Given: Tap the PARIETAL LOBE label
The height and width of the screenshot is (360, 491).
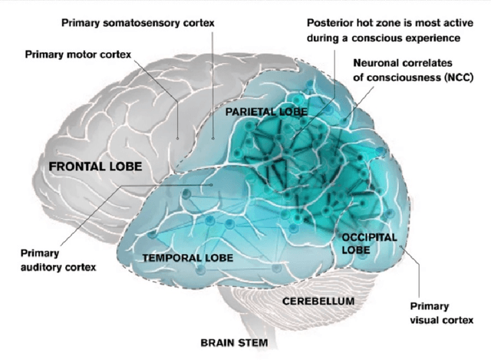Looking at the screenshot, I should coord(265,112).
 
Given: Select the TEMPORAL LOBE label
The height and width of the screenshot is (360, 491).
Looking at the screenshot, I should coord(183,258).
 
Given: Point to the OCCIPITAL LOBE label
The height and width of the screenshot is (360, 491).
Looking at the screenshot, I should coord(369,243).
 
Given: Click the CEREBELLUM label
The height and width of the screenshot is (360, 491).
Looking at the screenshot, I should coord(318,301).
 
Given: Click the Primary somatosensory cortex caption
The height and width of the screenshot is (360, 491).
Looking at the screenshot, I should coord(137,23).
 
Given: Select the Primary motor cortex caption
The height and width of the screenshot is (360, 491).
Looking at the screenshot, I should coord(78,54).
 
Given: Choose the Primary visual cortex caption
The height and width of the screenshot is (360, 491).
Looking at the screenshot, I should coord(441,312).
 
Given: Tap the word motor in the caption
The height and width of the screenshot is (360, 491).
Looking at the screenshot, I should coord(85,54).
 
